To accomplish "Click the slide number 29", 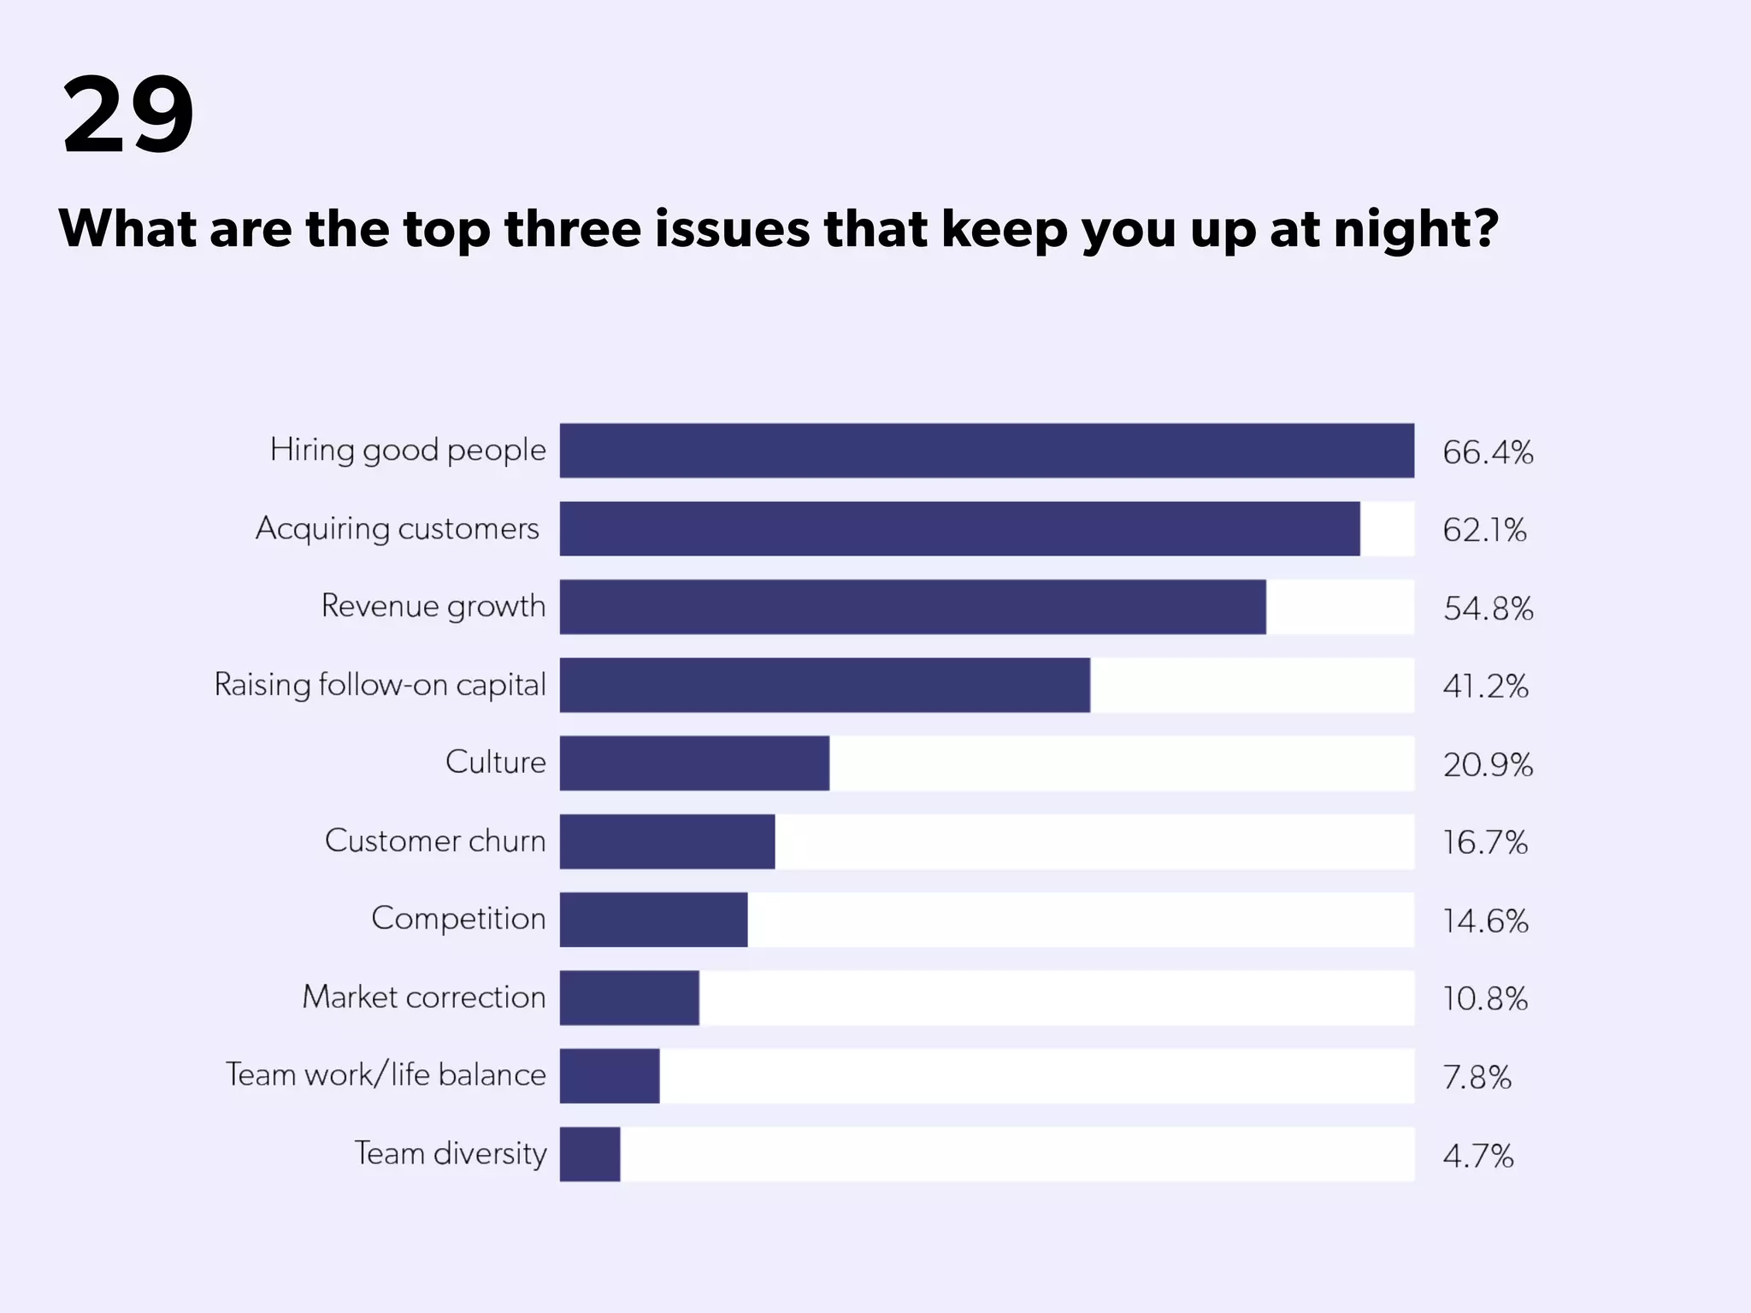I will tap(128, 115).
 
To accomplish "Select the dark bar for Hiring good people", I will tap(986, 450).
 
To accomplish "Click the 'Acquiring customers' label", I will tap(398, 529).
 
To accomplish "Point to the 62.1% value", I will tap(1484, 531).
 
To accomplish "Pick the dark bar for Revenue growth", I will tap(912, 607).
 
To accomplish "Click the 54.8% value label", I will tap(1488, 609).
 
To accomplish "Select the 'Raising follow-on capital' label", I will tap(380, 685).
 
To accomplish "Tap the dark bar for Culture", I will tap(694, 763).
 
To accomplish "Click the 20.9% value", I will tap(1488, 765).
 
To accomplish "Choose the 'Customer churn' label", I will tap(434, 841).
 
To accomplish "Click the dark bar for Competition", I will tap(653, 920).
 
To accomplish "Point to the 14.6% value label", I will tap(1485, 921).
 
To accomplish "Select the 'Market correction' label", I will tap(423, 998).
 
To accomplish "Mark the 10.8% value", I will tap(1485, 999).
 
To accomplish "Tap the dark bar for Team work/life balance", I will tap(610, 1076).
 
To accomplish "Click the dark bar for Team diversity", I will tap(590, 1154).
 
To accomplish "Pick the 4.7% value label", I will tap(1477, 1157).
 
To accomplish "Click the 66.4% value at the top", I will tap(1488, 452).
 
